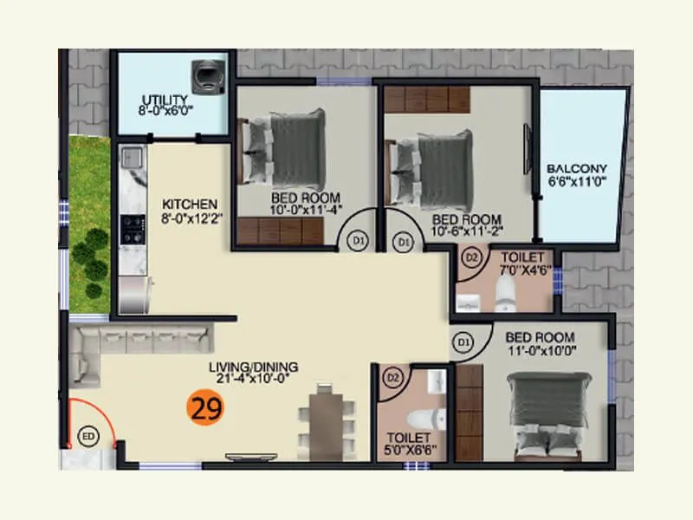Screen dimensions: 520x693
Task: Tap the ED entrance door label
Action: click(87, 435)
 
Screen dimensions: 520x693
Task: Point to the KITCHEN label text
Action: click(189, 205)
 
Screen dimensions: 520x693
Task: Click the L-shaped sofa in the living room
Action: click(130, 342)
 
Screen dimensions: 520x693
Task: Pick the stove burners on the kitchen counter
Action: click(132, 229)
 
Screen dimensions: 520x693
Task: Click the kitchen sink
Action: click(132, 158)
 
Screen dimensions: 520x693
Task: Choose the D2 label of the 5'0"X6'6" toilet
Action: click(392, 377)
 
